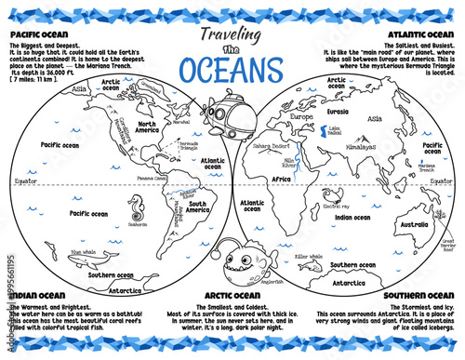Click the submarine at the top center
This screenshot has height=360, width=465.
tap(226, 112)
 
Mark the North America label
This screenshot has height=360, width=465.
tap(145, 127)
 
